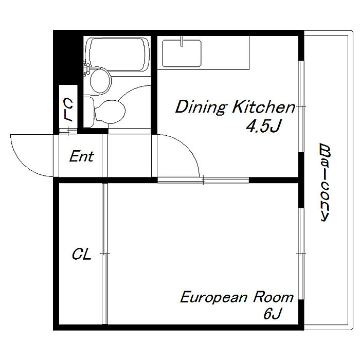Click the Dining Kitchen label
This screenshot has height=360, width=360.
click(x=236, y=107)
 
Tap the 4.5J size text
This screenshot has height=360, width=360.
click(x=264, y=126)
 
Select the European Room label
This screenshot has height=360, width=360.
click(x=237, y=297)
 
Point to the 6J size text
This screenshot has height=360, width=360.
click(x=272, y=313)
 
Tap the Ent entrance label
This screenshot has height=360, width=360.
click(x=81, y=156)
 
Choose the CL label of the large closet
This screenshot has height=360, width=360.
click(x=81, y=254)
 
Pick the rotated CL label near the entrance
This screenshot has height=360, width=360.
click(x=68, y=110)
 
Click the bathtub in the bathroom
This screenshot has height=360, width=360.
click(x=117, y=55)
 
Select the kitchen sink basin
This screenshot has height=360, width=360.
click(x=182, y=53)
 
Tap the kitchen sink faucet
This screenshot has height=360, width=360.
click(x=182, y=41)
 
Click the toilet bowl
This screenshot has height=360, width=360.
click(x=110, y=112)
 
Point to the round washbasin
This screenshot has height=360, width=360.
click(x=100, y=80)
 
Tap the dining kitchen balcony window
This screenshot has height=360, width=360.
click(x=301, y=106)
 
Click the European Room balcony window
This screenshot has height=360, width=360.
click(x=301, y=254)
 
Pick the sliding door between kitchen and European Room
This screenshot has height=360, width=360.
click(x=203, y=180)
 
